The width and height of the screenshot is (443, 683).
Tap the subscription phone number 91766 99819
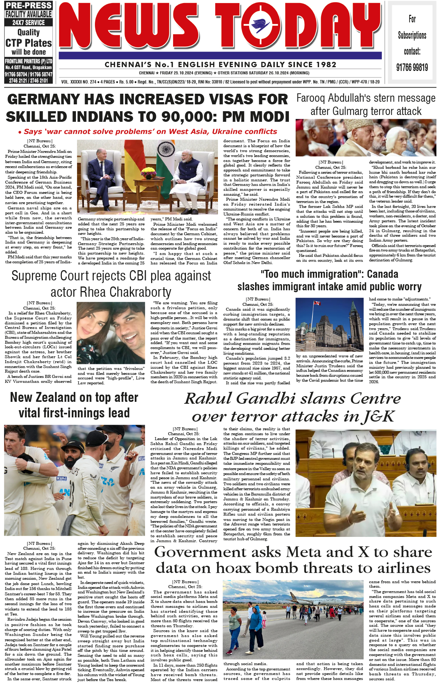(x=412, y=68)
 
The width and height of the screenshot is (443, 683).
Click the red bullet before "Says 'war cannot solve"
(x=20, y=132)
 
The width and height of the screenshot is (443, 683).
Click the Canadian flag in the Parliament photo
(x=315, y=304)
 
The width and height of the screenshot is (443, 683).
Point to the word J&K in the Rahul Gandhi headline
(x=379, y=417)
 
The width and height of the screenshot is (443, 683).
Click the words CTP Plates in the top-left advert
(x=29, y=43)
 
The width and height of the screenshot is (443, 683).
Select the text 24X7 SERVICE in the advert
(x=28, y=22)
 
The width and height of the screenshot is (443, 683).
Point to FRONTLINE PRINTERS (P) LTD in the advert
(x=28, y=61)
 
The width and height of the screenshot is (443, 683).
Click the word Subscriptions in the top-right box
(x=412, y=35)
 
